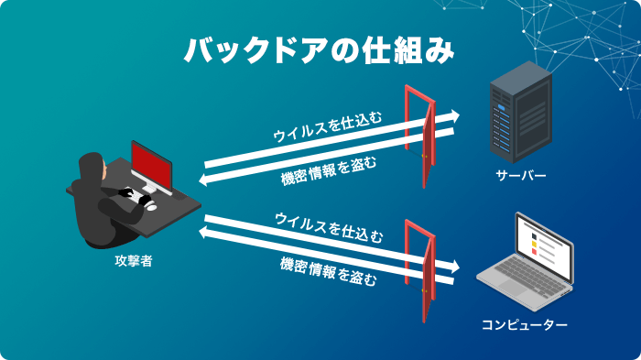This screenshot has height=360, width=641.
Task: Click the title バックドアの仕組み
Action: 320,50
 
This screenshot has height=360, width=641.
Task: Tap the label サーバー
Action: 520,174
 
